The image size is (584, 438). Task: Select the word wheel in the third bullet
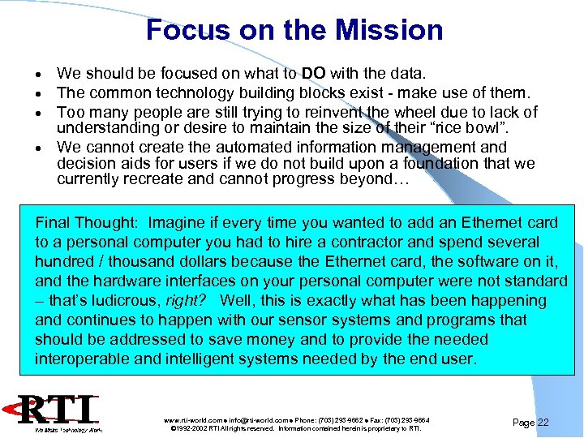click(407, 112)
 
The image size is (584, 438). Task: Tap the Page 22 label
click(531, 423)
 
